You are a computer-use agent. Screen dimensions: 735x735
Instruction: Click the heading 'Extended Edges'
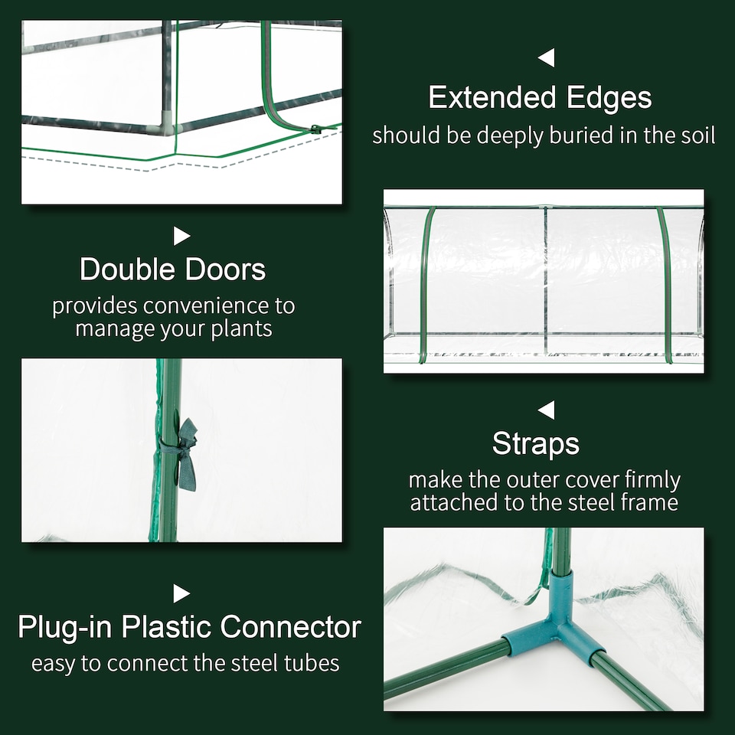point(540,98)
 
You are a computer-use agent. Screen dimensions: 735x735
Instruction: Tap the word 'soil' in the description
point(694,136)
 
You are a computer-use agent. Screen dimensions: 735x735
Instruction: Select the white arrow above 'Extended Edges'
point(546,57)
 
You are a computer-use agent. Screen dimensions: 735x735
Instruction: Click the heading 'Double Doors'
point(173,269)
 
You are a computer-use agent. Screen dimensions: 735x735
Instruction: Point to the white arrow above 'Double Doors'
point(181,236)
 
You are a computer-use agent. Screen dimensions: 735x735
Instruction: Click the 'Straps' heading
point(536,443)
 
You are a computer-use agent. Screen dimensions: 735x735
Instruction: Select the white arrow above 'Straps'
point(546,410)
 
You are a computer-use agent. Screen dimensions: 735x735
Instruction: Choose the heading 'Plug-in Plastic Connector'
point(189,627)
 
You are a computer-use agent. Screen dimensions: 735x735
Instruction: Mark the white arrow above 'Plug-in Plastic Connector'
point(181,593)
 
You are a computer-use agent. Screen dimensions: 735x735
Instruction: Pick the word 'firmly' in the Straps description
point(652,480)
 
